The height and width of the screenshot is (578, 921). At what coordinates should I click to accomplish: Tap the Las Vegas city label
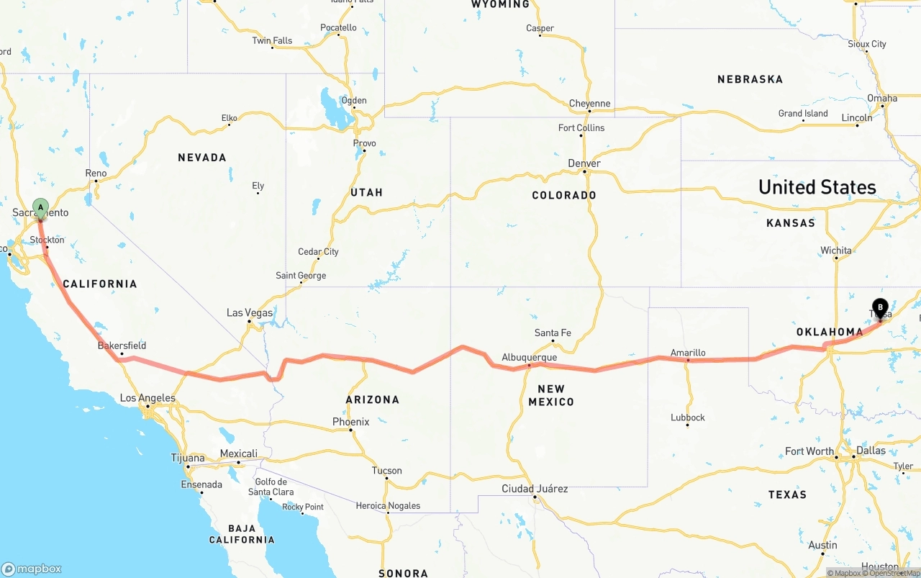[x=250, y=313]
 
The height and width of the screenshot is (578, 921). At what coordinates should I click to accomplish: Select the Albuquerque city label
[x=529, y=358]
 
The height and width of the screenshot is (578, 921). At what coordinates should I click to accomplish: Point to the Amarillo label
[x=688, y=353]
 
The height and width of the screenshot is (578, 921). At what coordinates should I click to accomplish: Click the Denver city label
[x=584, y=163]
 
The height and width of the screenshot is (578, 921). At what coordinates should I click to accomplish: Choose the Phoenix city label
[x=350, y=422]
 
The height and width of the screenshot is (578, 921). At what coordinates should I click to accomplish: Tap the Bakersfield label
[x=122, y=346]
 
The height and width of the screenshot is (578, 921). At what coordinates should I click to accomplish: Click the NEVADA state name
[x=201, y=158]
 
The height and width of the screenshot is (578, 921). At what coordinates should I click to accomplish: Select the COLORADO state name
[x=563, y=195]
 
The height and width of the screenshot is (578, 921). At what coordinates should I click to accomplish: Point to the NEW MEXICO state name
[x=551, y=395]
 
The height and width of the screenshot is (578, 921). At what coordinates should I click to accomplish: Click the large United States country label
[x=817, y=187]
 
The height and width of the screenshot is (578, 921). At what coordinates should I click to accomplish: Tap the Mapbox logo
[x=32, y=569]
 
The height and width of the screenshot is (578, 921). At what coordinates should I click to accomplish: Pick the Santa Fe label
[x=553, y=333]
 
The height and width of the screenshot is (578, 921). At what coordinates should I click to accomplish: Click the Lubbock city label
[x=687, y=417]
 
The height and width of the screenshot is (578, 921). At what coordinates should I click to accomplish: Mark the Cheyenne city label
[x=589, y=104]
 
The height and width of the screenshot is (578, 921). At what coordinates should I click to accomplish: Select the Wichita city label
[x=835, y=250]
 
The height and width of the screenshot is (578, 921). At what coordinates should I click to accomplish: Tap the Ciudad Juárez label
[x=535, y=489]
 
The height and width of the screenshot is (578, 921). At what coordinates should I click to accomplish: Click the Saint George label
[x=301, y=276]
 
